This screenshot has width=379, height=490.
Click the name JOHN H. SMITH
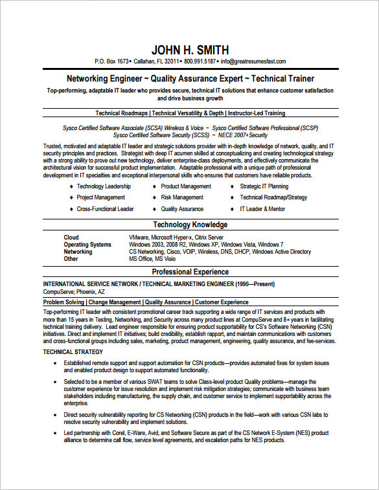tap(190, 50)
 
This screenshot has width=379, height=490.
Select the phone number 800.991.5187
tap(200, 61)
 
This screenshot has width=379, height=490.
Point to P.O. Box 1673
tap(112, 61)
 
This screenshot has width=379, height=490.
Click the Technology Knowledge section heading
tap(190, 225)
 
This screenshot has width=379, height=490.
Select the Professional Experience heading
tap(190, 272)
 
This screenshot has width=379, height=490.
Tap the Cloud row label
tap(71, 238)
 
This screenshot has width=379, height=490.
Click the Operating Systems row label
tap(87, 245)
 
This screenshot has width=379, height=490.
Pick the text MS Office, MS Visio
tap(152, 259)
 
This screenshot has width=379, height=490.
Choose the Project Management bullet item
tap(101, 197)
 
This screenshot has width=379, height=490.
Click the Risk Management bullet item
tap(182, 197)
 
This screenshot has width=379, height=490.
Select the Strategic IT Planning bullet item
tap(264, 186)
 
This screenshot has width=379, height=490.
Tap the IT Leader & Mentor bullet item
tap(262, 209)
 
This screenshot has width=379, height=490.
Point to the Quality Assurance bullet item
tap(182, 209)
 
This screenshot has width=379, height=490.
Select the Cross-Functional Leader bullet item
tap(105, 209)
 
